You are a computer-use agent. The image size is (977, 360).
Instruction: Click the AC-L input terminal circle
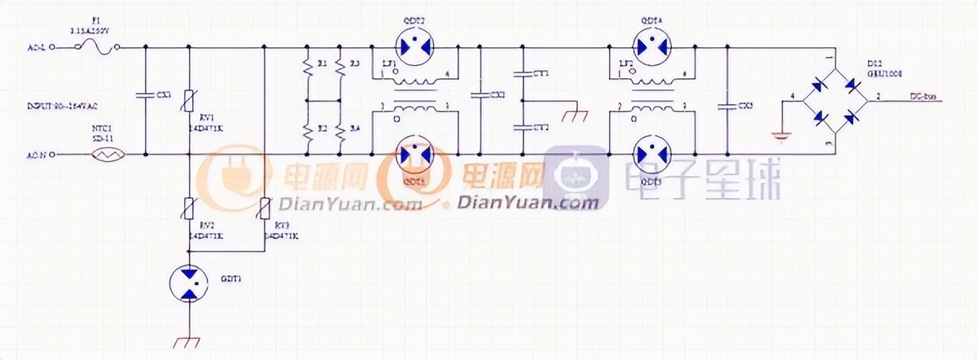54,48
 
